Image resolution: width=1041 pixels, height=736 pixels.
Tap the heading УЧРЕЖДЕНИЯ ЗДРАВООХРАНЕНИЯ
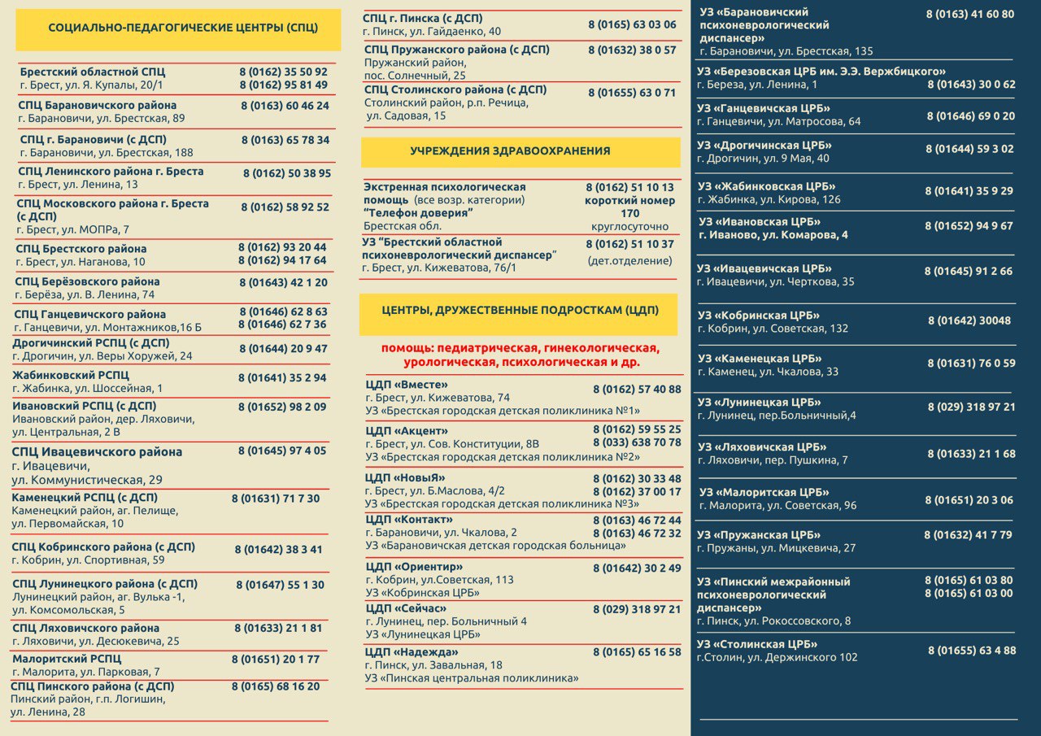point(510,151)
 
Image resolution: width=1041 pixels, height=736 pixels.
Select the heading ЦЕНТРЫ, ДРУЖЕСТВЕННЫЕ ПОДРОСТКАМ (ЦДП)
point(520,311)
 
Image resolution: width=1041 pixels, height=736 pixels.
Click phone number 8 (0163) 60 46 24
point(285,106)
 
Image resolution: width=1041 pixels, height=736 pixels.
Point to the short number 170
point(629,214)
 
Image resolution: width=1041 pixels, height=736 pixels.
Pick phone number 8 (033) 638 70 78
point(637,442)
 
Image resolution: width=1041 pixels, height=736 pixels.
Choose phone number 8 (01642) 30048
point(969,320)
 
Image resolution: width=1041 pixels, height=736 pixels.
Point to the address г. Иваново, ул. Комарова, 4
point(773,235)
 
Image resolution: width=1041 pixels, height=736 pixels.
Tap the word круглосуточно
point(629,227)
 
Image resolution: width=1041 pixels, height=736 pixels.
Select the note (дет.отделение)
point(629,261)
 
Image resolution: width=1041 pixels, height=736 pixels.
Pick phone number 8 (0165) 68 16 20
point(276,686)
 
